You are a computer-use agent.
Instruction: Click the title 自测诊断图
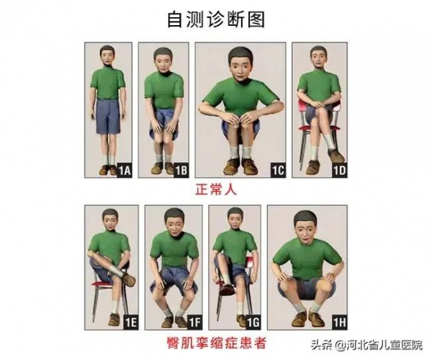[216, 19]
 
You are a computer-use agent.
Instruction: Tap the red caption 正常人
[216, 191]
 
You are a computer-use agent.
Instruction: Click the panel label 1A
[124, 171]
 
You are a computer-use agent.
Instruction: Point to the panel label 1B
[181, 171]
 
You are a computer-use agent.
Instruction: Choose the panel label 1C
[276, 171]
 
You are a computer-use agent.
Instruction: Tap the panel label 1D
[338, 171]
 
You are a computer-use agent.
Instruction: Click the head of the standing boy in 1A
[108, 57]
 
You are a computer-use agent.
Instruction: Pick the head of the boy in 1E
[110, 220]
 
